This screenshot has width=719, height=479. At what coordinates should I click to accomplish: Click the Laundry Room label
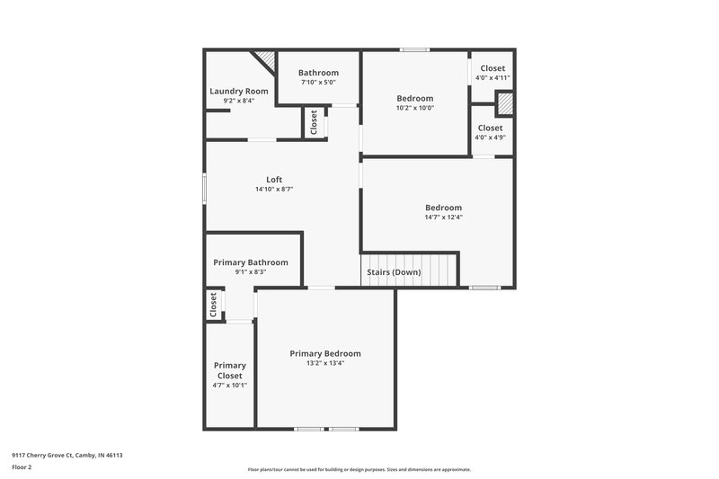click(238, 91)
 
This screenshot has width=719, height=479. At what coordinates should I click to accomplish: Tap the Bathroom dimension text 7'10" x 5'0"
click(318, 83)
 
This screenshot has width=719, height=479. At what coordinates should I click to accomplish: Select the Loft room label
click(274, 179)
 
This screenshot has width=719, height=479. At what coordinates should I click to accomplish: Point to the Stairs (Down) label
click(393, 271)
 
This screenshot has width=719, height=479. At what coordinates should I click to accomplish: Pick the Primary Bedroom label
click(325, 353)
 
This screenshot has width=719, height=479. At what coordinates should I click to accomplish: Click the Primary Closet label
click(230, 370)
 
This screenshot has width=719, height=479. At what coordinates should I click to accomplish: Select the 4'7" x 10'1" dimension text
click(230, 385)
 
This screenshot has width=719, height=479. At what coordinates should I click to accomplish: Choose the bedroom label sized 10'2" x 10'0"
click(415, 98)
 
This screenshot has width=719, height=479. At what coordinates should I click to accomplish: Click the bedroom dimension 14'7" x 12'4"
click(443, 217)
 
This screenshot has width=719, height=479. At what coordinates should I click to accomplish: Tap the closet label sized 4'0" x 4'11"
click(493, 68)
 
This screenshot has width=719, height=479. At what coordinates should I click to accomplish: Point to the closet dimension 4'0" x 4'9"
click(491, 137)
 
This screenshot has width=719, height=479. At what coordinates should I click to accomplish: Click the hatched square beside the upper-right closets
click(505, 104)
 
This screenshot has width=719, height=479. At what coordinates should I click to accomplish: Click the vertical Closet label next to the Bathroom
click(314, 122)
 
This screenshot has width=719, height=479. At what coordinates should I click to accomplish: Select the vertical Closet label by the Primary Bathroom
click(214, 305)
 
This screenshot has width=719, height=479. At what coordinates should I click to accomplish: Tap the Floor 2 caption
click(22, 467)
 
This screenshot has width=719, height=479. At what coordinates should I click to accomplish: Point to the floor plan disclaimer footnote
click(359, 469)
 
